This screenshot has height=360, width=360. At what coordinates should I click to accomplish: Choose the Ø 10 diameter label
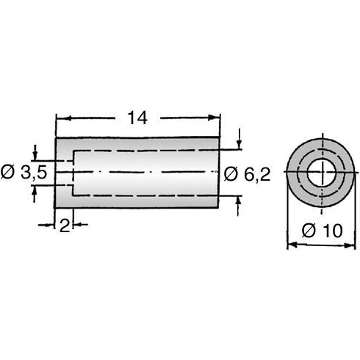coord(323,230)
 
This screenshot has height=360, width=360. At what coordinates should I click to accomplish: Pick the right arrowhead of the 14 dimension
coord(216,117)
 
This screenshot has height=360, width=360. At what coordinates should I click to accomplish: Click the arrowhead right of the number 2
coord(76,226)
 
